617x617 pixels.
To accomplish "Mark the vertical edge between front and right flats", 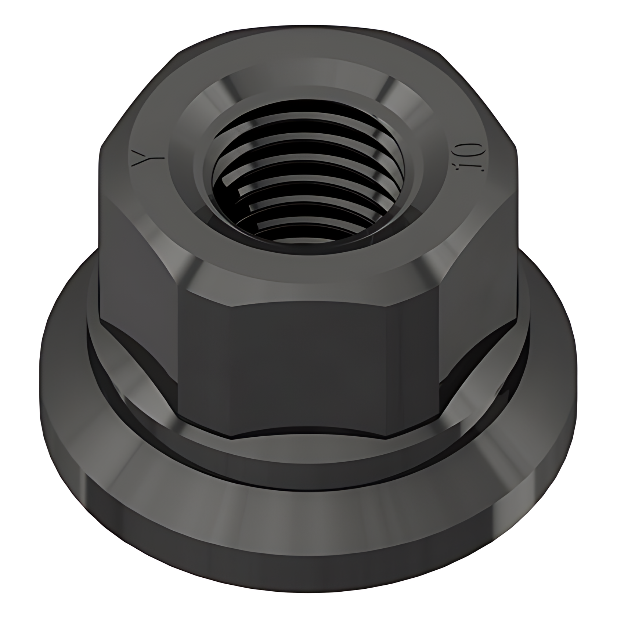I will [439, 349].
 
